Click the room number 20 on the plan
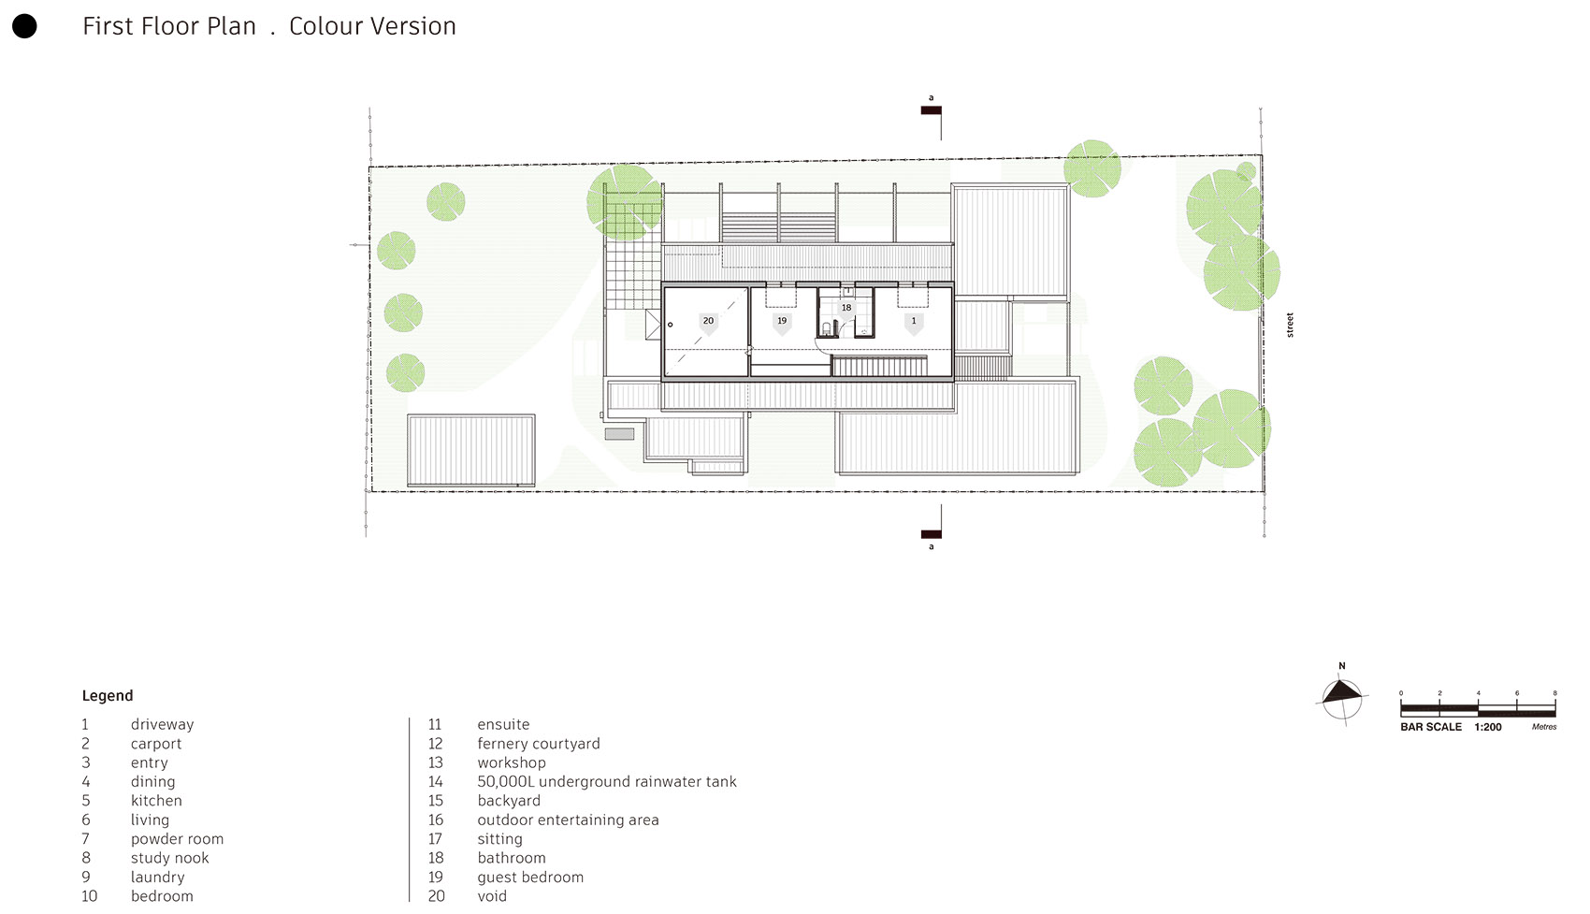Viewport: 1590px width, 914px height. click(708, 321)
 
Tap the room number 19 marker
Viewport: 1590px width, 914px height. click(782, 321)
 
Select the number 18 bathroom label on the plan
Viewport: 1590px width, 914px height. click(846, 308)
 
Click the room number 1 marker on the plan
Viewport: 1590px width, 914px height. click(914, 321)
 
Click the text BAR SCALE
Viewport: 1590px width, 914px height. click(1430, 727)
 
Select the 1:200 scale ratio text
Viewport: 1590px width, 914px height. click(1488, 727)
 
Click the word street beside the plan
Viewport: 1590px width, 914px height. click(1290, 326)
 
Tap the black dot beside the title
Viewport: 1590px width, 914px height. click(24, 26)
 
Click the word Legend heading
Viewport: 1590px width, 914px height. click(108, 696)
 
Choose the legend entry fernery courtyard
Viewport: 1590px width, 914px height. click(538, 744)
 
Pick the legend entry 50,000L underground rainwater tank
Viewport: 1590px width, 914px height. click(606, 782)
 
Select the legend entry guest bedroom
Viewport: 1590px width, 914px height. click(529, 878)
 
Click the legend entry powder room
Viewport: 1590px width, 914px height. click(177, 839)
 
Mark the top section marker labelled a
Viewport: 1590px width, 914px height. click(931, 109)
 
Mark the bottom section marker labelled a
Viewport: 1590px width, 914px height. click(931, 535)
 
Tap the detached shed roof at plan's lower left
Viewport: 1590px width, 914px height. click(471, 450)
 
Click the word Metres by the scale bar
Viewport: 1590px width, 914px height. click(1544, 727)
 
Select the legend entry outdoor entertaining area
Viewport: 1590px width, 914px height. click(568, 820)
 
